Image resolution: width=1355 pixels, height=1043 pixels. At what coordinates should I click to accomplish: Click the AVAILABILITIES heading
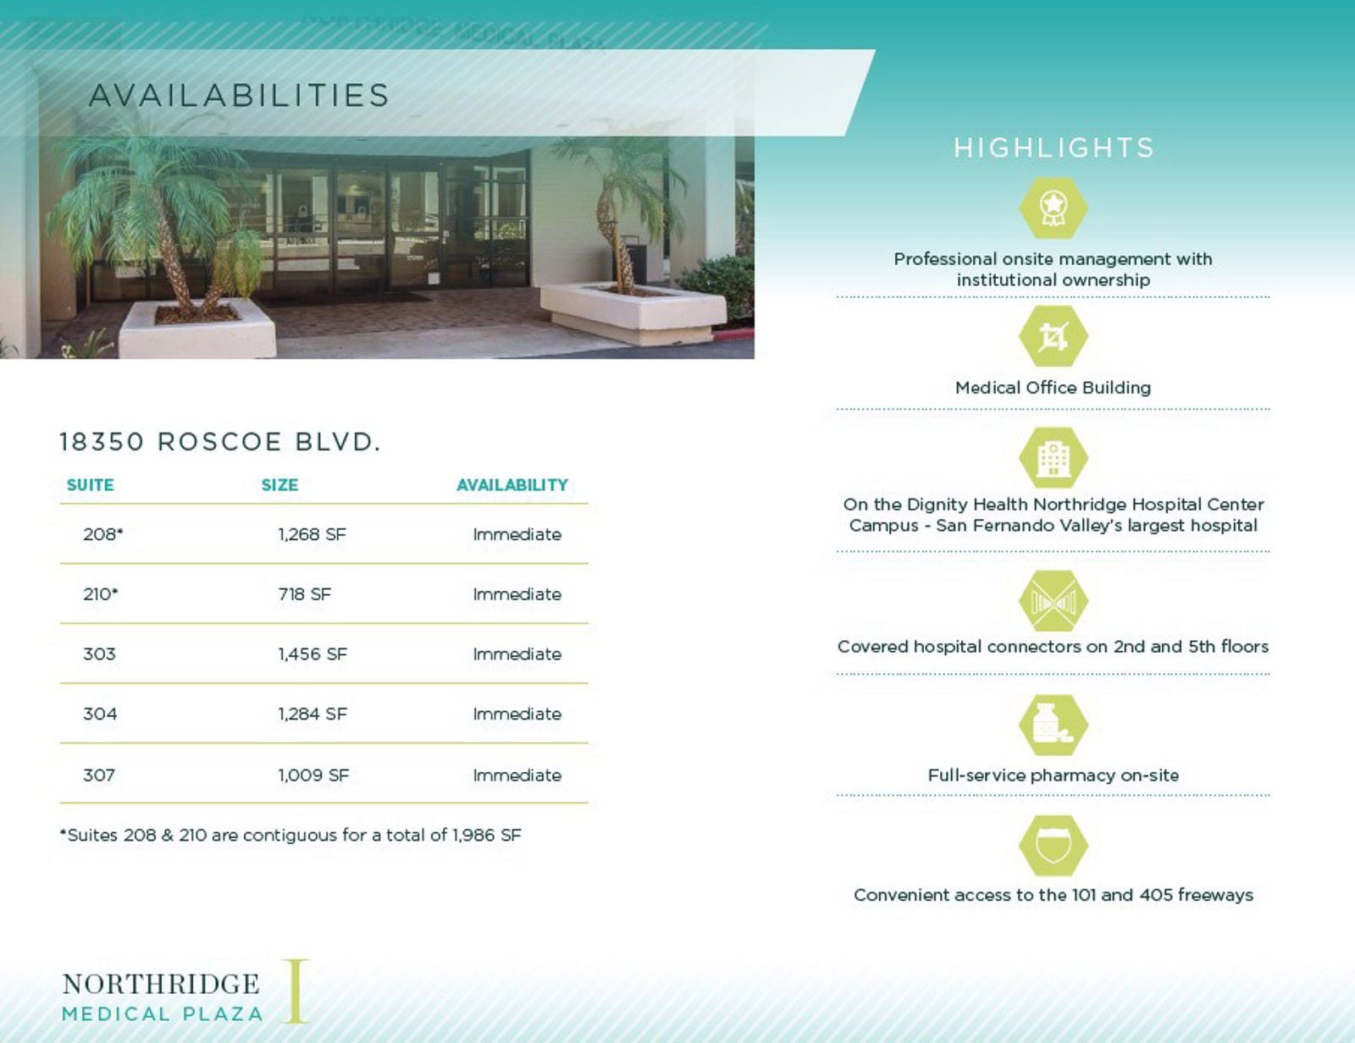click(x=239, y=96)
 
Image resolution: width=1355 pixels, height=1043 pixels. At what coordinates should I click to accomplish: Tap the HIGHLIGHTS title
click(x=1054, y=148)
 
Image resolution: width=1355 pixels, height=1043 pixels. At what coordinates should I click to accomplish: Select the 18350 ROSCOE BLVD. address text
click(x=220, y=442)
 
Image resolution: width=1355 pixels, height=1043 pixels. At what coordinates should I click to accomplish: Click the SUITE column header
click(x=90, y=485)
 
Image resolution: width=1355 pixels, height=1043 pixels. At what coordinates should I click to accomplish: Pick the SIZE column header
click(x=279, y=485)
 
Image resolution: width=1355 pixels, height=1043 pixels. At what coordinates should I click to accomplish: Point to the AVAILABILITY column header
click(x=512, y=485)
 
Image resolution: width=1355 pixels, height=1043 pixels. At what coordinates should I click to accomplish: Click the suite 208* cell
click(x=102, y=534)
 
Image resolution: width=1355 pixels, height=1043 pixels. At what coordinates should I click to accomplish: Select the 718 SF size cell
click(x=304, y=594)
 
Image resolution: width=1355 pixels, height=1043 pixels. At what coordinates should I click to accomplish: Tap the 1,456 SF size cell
click(x=312, y=654)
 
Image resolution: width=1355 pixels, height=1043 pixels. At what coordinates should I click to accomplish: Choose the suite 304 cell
click(x=100, y=715)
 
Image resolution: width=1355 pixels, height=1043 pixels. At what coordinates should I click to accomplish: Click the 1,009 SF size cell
click(x=313, y=775)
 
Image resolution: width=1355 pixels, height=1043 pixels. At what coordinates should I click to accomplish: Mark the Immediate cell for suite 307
click(x=517, y=775)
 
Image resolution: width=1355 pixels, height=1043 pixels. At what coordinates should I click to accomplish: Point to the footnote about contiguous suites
click(x=290, y=836)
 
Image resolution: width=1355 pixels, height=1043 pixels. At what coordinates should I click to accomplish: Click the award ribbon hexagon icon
click(x=1053, y=207)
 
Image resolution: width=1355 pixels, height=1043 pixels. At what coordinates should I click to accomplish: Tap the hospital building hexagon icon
click(x=1053, y=458)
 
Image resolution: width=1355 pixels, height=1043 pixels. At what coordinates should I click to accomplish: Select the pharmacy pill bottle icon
click(x=1053, y=725)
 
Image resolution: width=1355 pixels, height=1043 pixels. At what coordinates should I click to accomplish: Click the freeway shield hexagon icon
click(x=1053, y=846)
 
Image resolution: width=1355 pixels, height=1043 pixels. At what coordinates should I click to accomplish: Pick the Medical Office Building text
click(x=1053, y=388)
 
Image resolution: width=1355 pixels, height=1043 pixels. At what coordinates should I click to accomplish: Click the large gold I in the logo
click(x=296, y=991)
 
